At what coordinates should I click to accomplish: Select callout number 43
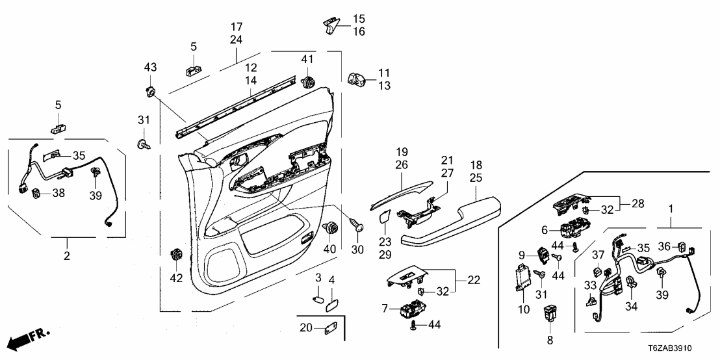pos(150,68)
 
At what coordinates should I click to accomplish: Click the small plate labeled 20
pos(329,329)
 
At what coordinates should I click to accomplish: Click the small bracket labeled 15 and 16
pos(332,25)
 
